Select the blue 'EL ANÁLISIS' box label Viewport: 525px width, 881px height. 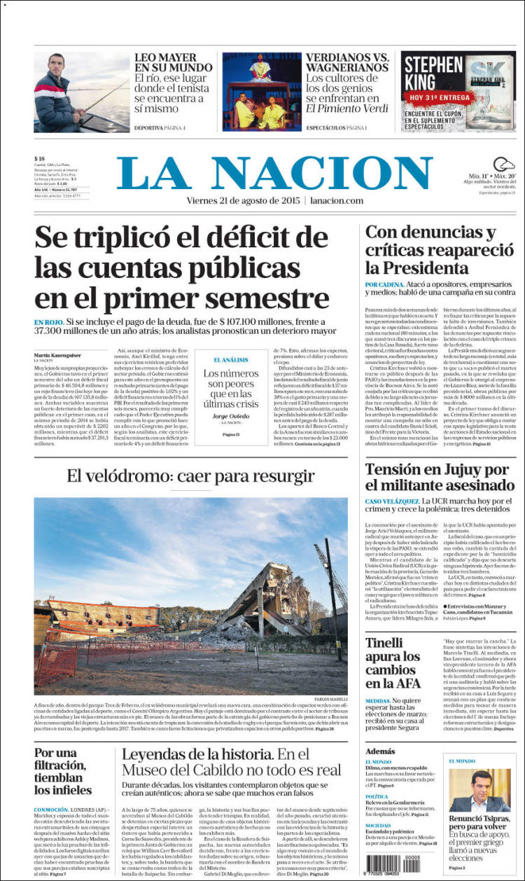click(231, 359)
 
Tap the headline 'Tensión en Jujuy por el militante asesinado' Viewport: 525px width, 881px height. click(437, 477)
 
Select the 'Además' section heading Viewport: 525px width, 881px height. click(380, 751)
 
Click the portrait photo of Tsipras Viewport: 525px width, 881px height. click(479, 790)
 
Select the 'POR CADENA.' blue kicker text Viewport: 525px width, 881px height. click(384, 284)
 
